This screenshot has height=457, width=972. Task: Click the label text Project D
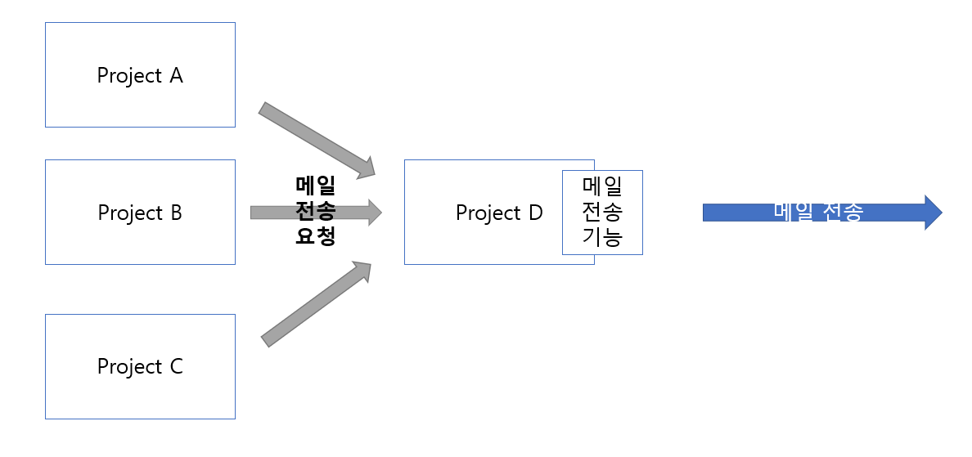499,213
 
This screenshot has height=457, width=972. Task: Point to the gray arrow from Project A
315,138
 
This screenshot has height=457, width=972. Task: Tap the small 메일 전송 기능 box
602,213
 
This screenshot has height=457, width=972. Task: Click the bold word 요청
315,236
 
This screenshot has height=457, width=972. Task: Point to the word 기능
602,238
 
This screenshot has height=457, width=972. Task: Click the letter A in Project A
176,75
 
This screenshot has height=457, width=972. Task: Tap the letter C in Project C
176,366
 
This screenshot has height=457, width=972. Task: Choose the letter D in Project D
535,213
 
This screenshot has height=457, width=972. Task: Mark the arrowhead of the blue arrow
933,213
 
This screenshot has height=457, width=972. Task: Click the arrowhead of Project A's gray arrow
365,167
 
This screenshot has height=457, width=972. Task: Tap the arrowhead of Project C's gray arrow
363,271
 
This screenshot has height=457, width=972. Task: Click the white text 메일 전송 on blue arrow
818,211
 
